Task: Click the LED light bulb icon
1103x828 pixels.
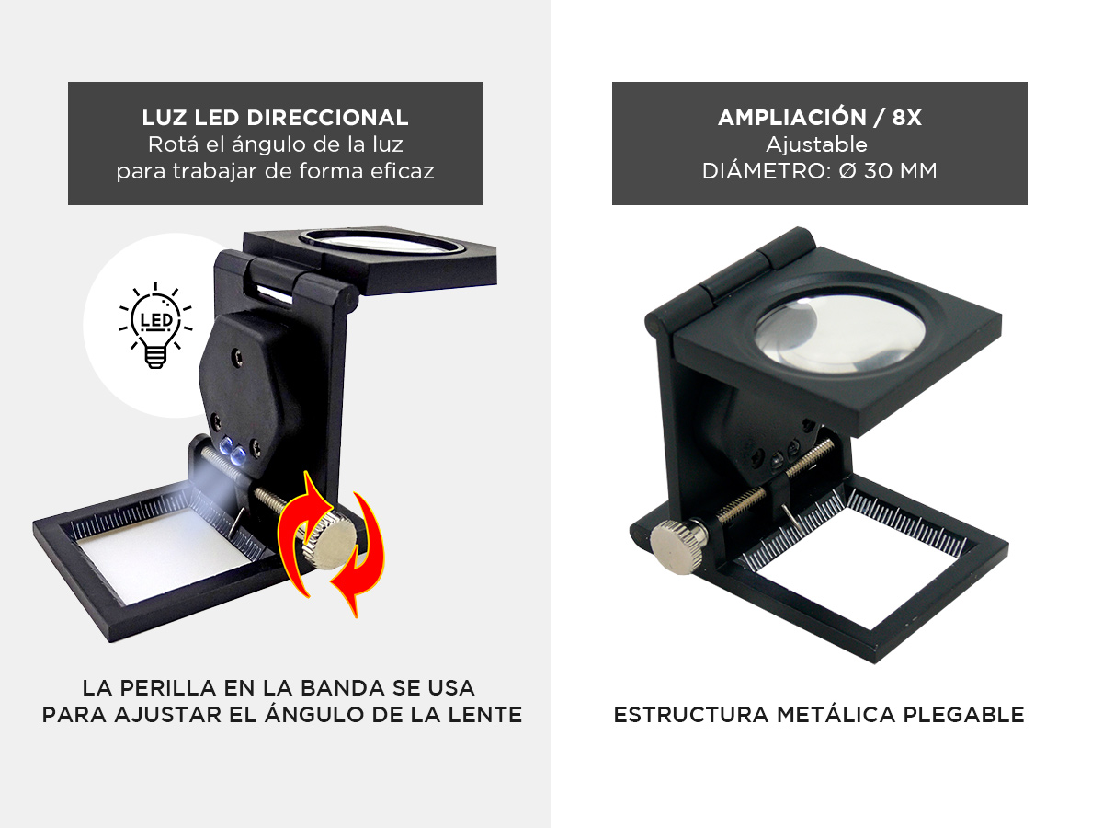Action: tap(155, 325)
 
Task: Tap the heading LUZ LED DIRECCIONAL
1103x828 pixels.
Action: tap(275, 118)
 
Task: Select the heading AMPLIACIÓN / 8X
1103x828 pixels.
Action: tap(819, 118)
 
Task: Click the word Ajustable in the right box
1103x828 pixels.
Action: tap(819, 144)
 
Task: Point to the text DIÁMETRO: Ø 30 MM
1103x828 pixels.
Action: tap(819, 171)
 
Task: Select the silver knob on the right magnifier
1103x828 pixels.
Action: tap(679, 546)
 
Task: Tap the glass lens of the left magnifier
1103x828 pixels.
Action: tap(382, 243)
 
